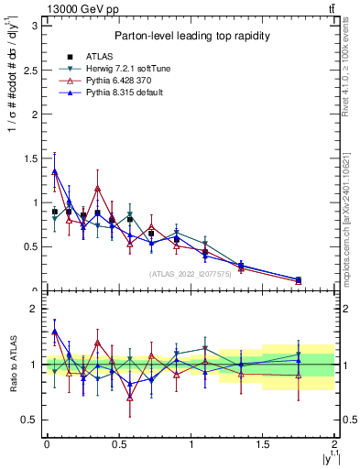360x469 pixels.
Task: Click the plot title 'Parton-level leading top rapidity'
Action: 190,36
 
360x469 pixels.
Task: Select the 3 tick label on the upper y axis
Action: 33,26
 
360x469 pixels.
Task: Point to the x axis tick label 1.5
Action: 263,444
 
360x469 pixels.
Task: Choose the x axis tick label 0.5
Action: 118,444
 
